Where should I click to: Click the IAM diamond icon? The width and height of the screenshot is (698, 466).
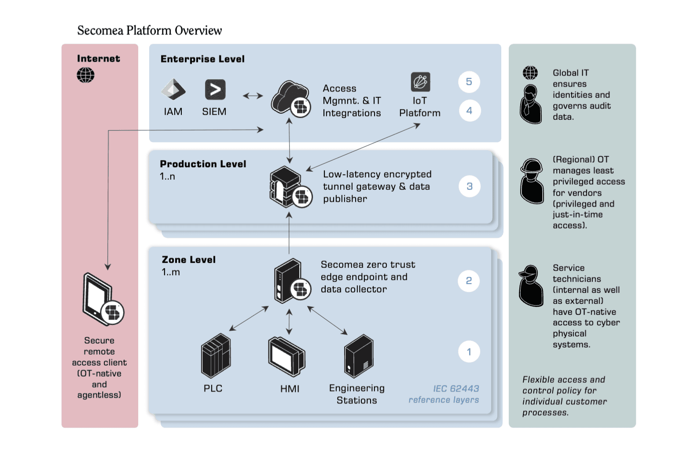point(173,89)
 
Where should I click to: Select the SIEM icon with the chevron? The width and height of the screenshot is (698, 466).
point(215,89)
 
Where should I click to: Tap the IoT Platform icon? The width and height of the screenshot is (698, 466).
point(420,82)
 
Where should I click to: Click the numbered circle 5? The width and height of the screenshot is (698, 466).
point(469,82)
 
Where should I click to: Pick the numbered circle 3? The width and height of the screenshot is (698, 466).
point(470,186)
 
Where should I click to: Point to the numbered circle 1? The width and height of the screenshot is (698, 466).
point(469,352)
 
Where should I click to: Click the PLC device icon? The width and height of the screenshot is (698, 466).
point(216,355)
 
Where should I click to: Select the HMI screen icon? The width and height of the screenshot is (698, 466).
point(287,356)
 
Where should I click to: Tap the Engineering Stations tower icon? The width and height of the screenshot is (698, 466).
point(359,356)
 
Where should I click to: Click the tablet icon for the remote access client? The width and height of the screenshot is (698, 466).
point(103,300)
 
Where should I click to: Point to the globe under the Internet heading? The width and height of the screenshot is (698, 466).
point(86,75)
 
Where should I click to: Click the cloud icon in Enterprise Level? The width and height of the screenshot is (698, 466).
point(291,98)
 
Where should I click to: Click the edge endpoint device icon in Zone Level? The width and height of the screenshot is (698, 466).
point(292,281)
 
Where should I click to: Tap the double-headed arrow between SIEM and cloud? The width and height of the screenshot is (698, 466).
point(253,96)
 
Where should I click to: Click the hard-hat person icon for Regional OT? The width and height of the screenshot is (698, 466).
point(532,181)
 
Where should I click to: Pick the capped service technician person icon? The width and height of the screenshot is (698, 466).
point(531,286)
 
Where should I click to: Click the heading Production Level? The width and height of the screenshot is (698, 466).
point(203,164)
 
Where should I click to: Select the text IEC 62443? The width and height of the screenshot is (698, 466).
point(456,388)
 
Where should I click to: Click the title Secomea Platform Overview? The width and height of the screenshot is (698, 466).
point(150,30)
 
